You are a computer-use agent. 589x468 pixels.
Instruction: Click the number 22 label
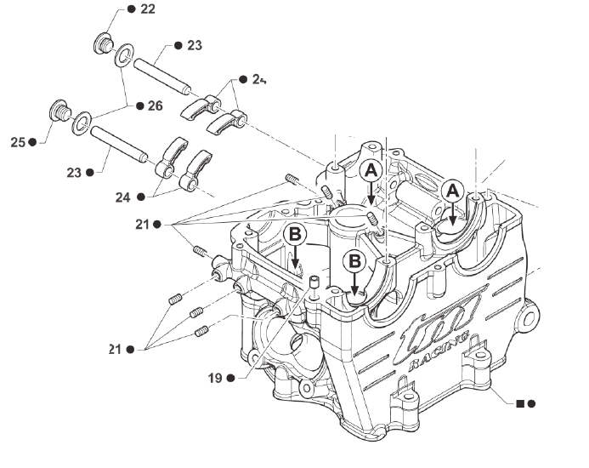click(147, 9)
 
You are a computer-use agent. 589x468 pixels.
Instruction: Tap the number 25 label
click(18, 142)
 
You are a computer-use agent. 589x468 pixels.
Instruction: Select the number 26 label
click(154, 106)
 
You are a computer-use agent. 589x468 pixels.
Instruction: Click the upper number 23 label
click(195, 45)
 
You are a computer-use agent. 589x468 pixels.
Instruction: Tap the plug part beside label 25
click(59, 113)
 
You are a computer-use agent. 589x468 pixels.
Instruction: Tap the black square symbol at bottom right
click(520, 402)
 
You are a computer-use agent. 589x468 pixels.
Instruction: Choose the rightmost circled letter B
click(355, 260)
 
